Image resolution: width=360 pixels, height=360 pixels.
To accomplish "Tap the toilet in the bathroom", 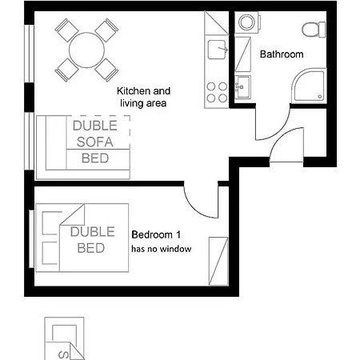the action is [x=314, y=30].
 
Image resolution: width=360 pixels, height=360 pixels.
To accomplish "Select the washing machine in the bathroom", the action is [x=246, y=22].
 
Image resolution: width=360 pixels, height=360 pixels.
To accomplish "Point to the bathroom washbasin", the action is [x=242, y=87].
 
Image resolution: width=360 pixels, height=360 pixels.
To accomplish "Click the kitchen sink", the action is [x=218, y=50].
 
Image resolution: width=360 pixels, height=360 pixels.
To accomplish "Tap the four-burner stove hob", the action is [x=217, y=92].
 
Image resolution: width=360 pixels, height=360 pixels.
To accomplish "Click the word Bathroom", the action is [x=282, y=54].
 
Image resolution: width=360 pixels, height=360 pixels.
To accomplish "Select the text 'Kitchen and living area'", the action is [x=143, y=97].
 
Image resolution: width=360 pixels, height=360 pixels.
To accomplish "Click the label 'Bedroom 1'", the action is [x=156, y=234].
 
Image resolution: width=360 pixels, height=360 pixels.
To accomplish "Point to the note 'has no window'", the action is [x=162, y=249].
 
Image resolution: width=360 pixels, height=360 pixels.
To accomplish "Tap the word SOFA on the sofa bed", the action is [x=95, y=142].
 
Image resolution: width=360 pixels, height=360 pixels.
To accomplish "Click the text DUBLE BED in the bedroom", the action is [x=92, y=240].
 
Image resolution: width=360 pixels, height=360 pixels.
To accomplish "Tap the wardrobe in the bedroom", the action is [x=218, y=262].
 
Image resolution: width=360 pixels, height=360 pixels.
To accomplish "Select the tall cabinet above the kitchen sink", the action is [x=216, y=23].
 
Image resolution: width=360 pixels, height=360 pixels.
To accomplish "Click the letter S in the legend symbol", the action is [x=63, y=355].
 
